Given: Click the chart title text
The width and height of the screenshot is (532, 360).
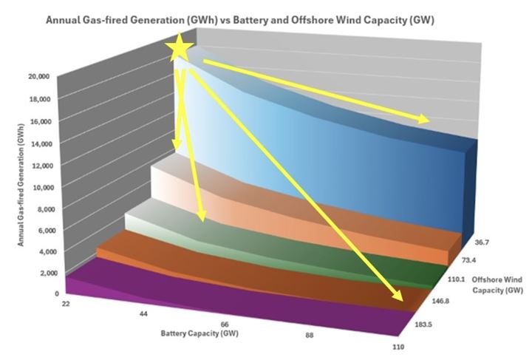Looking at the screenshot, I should tap(241, 21).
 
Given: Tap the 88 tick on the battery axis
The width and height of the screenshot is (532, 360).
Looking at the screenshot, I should tap(313, 336).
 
